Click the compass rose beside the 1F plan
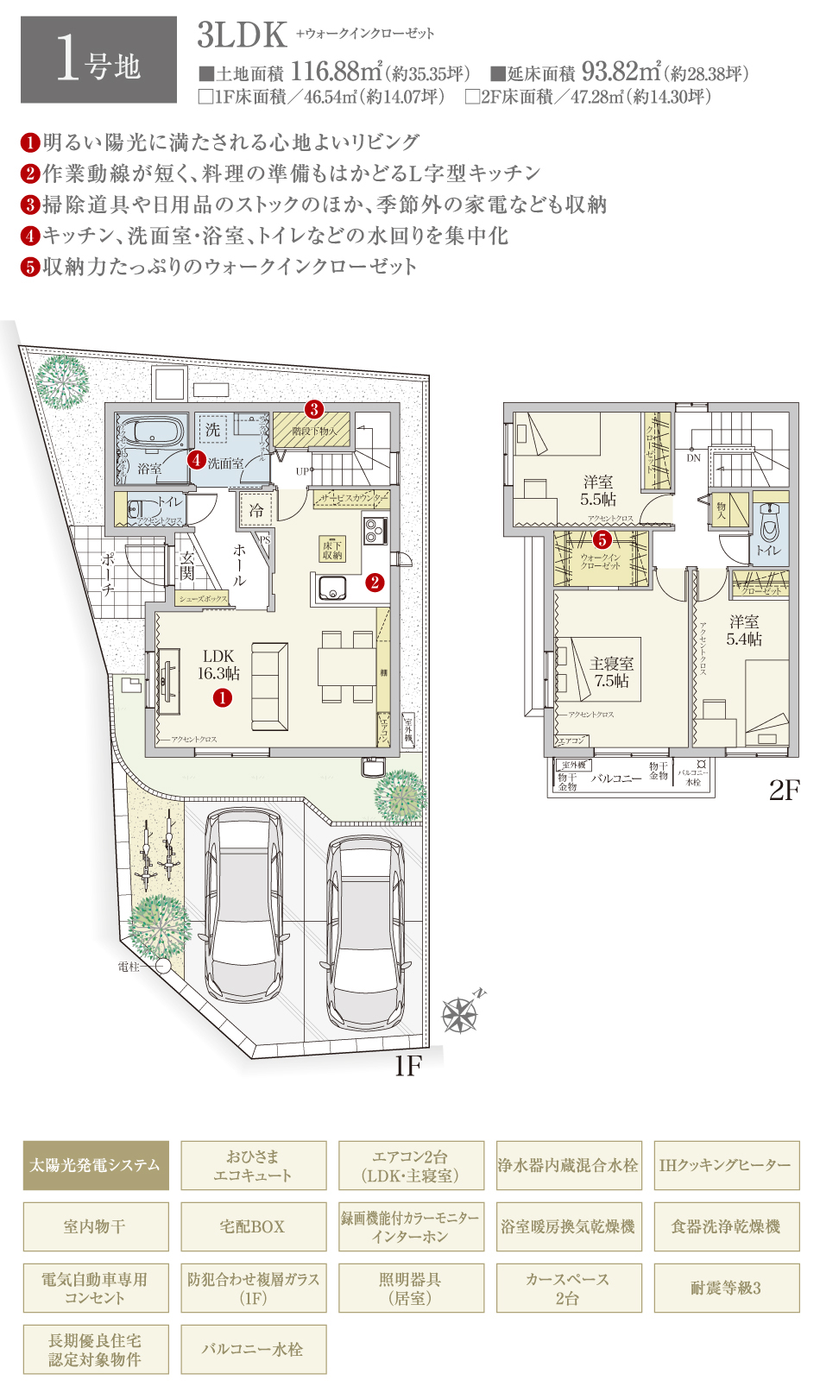(460, 1014)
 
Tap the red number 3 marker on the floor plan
(314, 409)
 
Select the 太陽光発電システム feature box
(95, 1165)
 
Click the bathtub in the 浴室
(153, 432)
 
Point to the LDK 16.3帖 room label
(218, 665)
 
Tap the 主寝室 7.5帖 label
(611, 671)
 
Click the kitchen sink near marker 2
(332, 589)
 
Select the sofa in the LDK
(269, 686)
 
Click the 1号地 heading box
(98, 60)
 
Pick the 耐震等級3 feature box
(726, 1288)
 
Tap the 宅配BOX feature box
(253, 1226)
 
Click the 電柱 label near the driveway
(129, 967)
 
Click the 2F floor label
(784, 790)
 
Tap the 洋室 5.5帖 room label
(597, 490)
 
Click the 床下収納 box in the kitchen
(333, 550)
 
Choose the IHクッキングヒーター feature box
(726, 1165)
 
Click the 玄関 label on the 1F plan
(187, 566)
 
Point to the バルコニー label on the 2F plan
(616, 778)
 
